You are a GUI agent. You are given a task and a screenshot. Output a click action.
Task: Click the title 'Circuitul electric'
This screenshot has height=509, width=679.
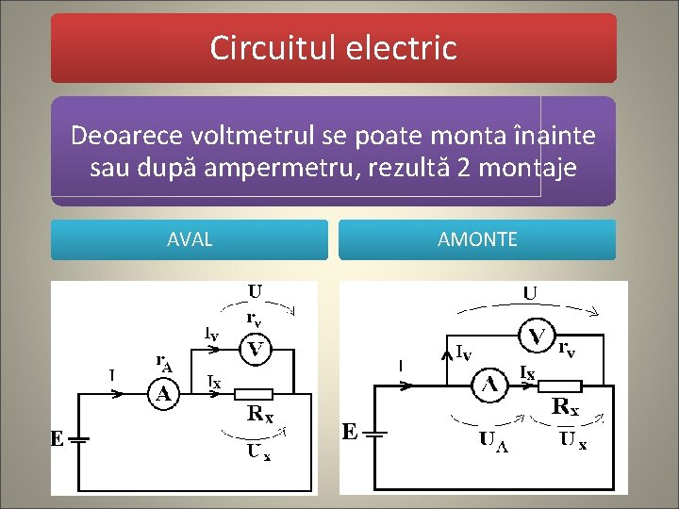(x=333, y=47)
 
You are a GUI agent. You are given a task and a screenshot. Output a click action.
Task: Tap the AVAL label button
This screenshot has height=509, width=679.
(x=190, y=239)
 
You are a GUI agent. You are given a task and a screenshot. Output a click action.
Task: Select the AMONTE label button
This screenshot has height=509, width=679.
(x=477, y=239)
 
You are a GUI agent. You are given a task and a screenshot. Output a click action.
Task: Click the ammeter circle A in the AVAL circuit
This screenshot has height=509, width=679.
(x=164, y=394)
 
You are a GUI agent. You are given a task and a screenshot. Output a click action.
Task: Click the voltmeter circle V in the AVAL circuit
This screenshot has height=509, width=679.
(x=254, y=351)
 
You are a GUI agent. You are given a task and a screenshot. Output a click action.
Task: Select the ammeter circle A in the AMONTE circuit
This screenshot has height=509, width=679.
(x=490, y=385)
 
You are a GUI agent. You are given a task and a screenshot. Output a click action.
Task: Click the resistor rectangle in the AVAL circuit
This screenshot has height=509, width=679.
(x=253, y=394)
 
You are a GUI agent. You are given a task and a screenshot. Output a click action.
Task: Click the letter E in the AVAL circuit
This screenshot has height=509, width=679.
(x=57, y=439)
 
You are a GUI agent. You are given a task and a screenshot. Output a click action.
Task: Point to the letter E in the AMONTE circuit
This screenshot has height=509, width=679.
(x=350, y=432)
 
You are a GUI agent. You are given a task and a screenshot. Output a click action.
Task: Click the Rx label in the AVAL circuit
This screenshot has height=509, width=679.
(x=261, y=413)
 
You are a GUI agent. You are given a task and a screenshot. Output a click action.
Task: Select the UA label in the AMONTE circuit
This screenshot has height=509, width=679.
(x=492, y=439)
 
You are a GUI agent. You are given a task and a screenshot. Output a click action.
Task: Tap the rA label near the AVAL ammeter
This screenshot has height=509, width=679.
(x=163, y=361)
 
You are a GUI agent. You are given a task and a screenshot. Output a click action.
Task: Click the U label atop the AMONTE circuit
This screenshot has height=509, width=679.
(x=530, y=293)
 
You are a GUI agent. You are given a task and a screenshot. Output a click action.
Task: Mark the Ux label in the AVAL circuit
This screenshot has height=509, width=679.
(x=259, y=452)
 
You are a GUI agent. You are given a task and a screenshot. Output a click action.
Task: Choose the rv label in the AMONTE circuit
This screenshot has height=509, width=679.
(x=568, y=350)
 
